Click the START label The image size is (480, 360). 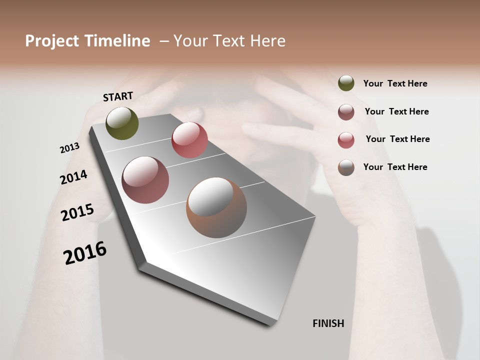(x=118, y=96)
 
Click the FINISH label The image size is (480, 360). (x=328, y=323)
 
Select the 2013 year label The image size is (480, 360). (x=70, y=148)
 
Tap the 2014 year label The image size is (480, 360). (x=73, y=177)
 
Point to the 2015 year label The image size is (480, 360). (x=77, y=212)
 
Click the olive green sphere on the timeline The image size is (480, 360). (x=122, y=123)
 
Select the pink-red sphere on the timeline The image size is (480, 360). (x=189, y=140)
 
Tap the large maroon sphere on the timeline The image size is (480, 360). (x=145, y=180)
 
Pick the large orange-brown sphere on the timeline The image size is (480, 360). (x=216, y=207)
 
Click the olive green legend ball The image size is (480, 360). (x=346, y=83)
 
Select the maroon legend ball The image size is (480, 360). (x=346, y=112)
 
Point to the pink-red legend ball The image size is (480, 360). (x=346, y=140)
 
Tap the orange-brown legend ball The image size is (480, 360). (x=346, y=167)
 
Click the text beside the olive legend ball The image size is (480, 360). (x=395, y=83)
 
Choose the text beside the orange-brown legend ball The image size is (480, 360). (x=395, y=167)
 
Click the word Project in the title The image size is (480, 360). (x=52, y=41)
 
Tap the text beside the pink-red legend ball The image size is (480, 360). (x=397, y=139)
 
